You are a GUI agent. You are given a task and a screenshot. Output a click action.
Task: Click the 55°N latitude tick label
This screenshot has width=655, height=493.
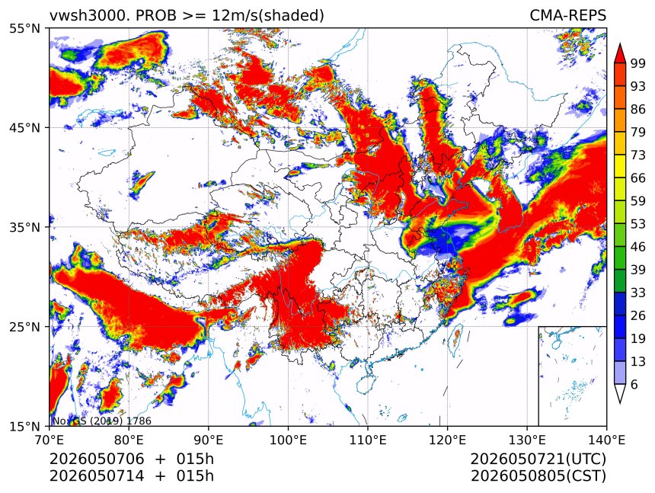point(24,28)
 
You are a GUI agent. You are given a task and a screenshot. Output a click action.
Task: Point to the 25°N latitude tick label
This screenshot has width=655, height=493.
point(24,326)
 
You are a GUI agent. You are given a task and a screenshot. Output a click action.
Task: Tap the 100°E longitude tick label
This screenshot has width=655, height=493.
point(288,440)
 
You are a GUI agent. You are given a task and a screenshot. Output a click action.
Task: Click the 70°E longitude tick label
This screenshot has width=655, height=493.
point(50,440)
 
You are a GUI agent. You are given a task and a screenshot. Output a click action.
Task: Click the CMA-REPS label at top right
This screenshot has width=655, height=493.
point(567,15)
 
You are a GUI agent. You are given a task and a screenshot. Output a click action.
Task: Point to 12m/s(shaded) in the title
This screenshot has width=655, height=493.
point(268,16)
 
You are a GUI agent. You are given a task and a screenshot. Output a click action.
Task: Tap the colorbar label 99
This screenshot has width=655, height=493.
point(638,63)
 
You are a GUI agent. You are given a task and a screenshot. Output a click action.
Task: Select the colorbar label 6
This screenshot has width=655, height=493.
point(634,384)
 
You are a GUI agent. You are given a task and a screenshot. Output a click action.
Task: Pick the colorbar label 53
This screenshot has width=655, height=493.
point(638,224)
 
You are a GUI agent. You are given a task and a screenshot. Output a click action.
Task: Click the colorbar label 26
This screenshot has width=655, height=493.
point(638,315)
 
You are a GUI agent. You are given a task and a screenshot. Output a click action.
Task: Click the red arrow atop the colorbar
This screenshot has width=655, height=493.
point(620,53)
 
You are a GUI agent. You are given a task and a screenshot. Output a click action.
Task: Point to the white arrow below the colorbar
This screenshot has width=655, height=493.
point(620,394)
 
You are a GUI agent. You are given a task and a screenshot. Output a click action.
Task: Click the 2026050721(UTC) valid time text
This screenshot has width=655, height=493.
point(538,459)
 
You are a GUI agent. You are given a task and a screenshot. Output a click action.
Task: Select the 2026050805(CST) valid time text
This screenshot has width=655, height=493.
point(538,476)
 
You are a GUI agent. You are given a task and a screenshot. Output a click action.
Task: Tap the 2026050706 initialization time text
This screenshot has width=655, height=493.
point(97,459)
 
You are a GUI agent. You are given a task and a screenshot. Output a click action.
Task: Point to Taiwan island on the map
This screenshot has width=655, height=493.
point(455,338)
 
